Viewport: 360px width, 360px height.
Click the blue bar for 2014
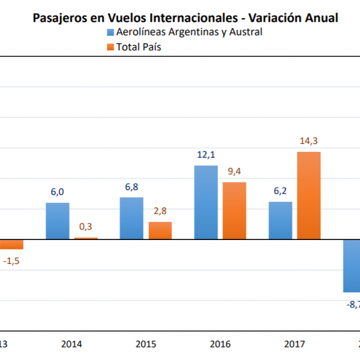(58, 221)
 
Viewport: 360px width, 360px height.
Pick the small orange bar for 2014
(86, 238)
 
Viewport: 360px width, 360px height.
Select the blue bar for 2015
(131, 218)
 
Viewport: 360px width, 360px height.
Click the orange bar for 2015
(160, 230)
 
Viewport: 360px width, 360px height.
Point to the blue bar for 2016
(206, 202)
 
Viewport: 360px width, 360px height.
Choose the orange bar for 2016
(235, 211)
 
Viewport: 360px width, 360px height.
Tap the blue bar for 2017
(280, 220)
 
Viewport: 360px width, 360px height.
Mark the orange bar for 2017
(309, 196)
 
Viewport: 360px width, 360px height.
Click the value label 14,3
(309, 142)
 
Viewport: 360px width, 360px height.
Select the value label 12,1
(206, 155)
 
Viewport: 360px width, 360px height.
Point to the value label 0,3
(86, 227)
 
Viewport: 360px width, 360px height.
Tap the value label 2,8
(160, 211)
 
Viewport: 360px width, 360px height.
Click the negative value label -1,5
(11, 261)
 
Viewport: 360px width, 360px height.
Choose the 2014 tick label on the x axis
(71, 344)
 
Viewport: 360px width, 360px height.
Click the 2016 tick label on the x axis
(220, 344)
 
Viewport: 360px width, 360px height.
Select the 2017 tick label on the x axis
(295, 344)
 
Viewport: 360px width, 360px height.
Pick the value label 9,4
(235, 172)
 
